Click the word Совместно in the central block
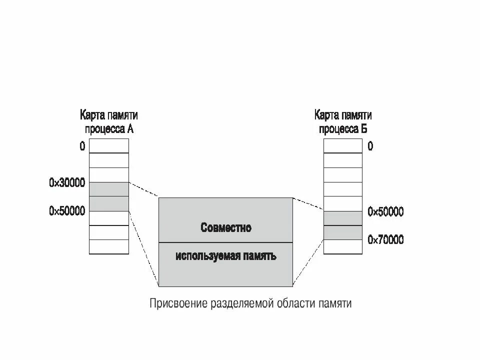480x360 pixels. coord(226,228)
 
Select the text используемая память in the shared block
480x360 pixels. coord(226,256)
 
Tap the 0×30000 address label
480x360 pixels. coord(67,183)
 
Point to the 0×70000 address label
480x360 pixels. coord(385,240)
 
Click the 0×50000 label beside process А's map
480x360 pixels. coord(67,211)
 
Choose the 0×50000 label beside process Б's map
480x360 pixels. coord(385,212)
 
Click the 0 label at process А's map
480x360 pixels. coord(82,146)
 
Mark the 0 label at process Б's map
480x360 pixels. coord(370,146)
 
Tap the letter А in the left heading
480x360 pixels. coord(130,128)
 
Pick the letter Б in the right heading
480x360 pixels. coord(364,128)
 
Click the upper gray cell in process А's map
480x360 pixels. coord(109,189)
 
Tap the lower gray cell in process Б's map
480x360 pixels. coord(343,232)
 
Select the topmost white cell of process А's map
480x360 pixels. coord(109,145)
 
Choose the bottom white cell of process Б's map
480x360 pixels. coord(343,247)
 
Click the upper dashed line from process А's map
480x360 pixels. coord(144,189)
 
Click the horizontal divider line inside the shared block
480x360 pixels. coord(225,242)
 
